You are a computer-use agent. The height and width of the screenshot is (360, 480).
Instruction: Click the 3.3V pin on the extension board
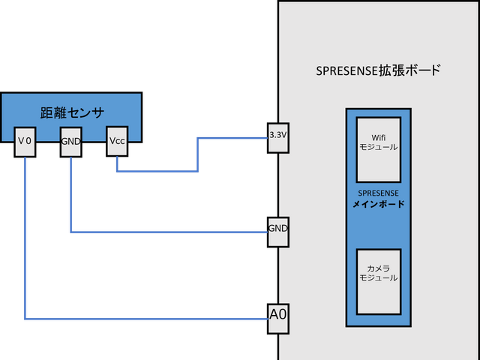tap(278, 136)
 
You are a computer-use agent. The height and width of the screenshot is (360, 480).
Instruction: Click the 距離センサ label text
tap(71, 112)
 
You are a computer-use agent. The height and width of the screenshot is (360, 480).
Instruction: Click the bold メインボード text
tap(378, 204)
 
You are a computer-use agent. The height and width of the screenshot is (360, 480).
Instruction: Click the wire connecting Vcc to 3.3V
tap(157, 171)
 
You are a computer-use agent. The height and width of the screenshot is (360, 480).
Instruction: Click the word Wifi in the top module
tap(378, 137)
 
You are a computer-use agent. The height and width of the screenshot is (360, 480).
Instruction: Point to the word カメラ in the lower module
tap(378, 268)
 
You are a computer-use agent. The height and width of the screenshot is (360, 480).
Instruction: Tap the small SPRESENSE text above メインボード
tap(378, 193)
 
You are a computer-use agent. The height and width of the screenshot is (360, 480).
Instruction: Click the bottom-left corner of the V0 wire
tap(25, 319)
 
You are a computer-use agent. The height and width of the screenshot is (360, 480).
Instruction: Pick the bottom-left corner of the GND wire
tap(70, 231)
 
